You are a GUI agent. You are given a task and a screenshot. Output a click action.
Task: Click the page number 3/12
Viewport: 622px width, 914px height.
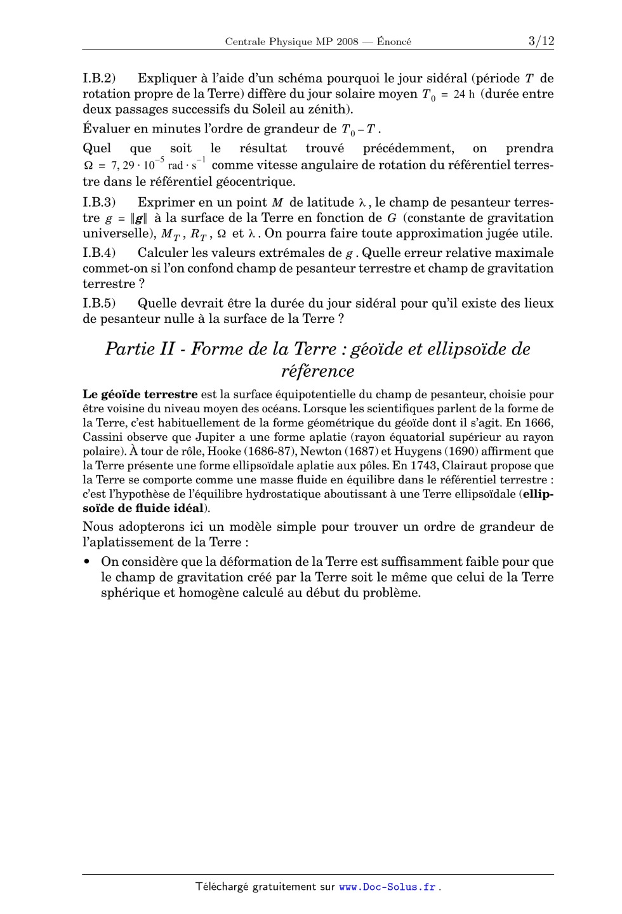pos(541,41)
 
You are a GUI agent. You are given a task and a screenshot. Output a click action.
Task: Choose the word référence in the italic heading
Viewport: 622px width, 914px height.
pos(317,371)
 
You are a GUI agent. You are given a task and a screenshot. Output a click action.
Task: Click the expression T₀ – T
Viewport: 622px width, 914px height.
pos(360,130)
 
